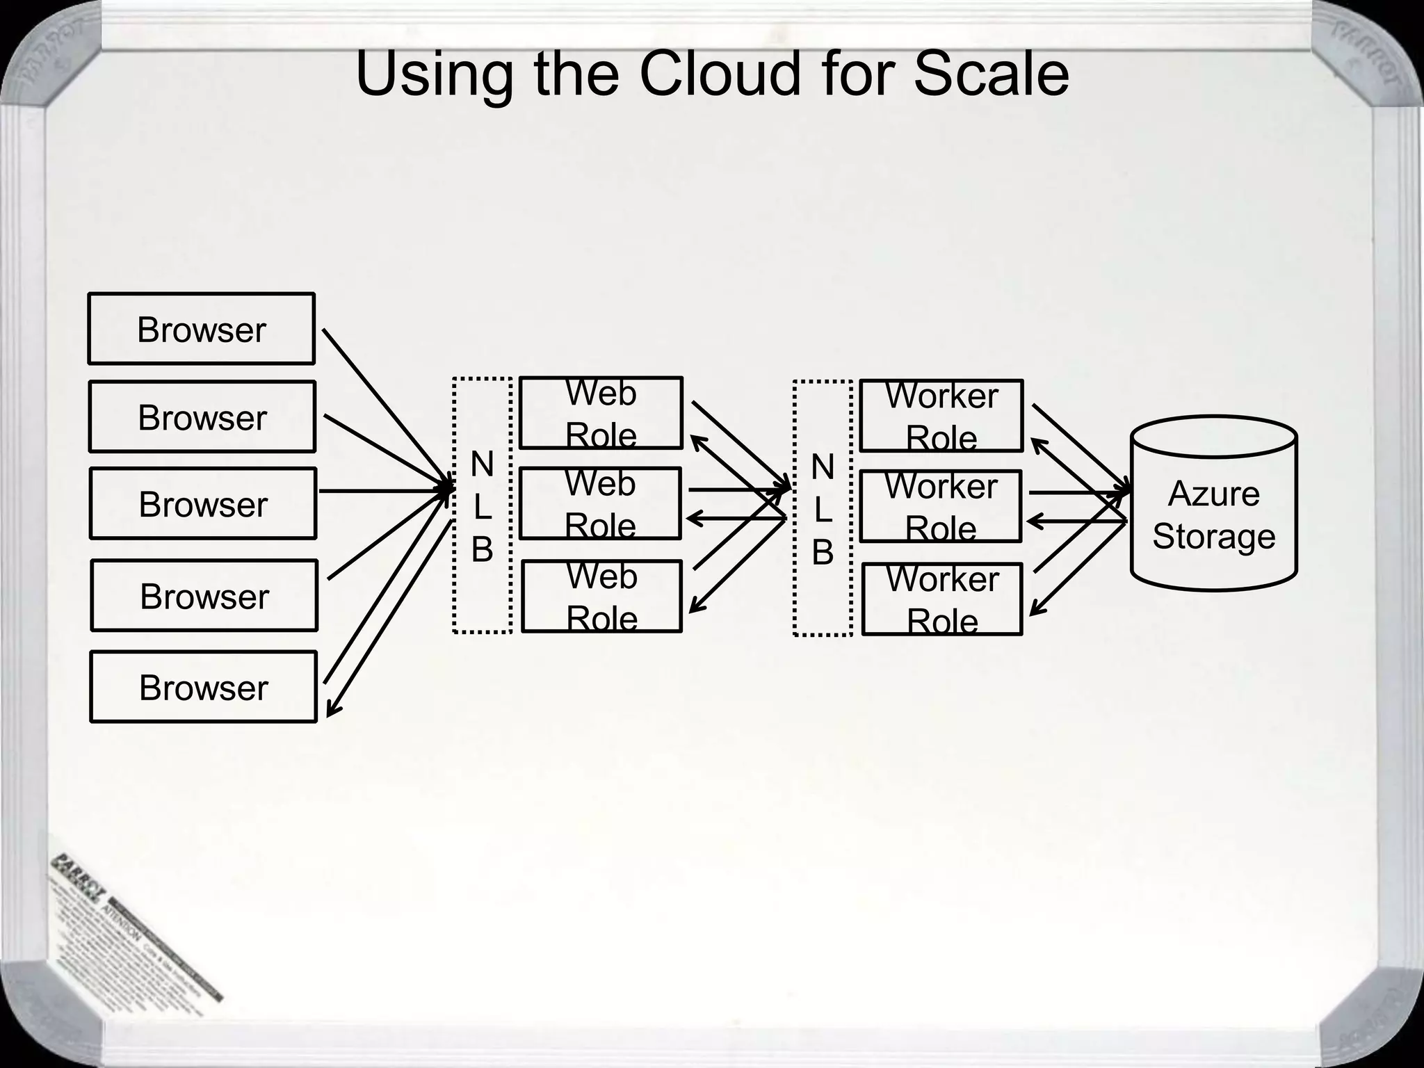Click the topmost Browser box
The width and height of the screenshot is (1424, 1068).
(x=201, y=328)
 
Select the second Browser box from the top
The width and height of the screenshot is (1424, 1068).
(x=202, y=416)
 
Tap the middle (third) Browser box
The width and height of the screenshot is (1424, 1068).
(x=202, y=503)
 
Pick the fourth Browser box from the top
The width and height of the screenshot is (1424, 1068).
(x=204, y=595)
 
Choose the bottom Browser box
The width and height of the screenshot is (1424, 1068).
(x=203, y=687)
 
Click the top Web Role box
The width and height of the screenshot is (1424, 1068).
(x=601, y=413)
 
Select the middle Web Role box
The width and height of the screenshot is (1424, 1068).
(x=599, y=503)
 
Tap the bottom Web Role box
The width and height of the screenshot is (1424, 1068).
(x=601, y=597)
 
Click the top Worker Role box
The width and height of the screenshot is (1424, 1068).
(x=941, y=416)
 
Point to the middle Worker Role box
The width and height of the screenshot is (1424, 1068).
(x=940, y=506)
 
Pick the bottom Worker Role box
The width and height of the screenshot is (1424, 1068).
(x=942, y=599)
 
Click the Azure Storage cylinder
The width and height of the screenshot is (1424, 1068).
(x=1213, y=504)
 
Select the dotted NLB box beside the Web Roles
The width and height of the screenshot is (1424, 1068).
(x=482, y=505)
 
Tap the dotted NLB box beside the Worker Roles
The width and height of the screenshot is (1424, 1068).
(x=822, y=508)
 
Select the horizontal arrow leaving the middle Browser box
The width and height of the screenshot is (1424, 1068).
(x=382, y=491)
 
